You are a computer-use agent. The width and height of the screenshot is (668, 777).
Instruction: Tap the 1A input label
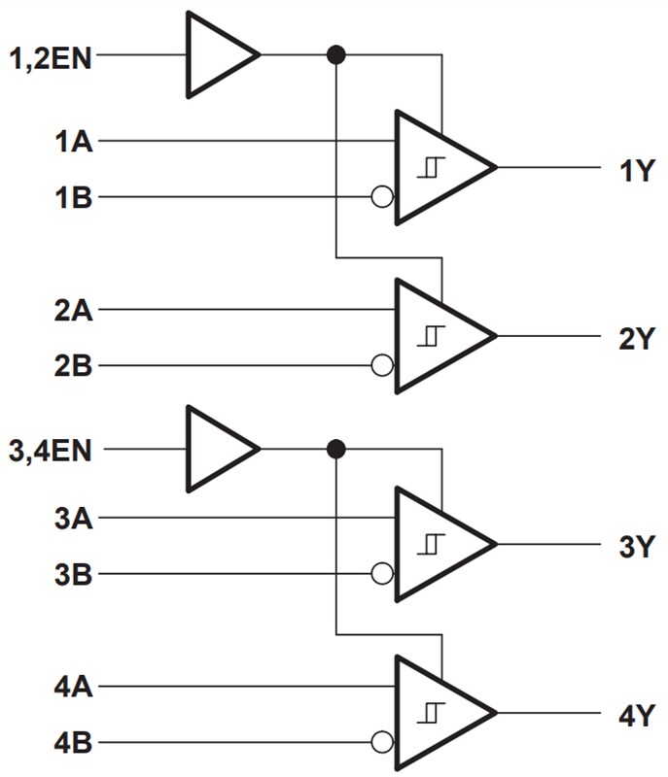pyautogui.click(x=74, y=142)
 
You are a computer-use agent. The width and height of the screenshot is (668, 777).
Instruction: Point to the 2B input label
pyautogui.click(x=74, y=367)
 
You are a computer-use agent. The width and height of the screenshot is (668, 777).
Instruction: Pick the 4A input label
pyautogui.click(x=74, y=687)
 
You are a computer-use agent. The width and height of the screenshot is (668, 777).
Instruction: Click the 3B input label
pyautogui.click(x=74, y=574)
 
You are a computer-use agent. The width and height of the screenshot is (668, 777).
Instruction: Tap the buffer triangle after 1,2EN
pyautogui.click(x=218, y=55)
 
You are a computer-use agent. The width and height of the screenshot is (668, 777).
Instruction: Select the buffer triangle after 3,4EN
pyautogui.click(x=218, y=450)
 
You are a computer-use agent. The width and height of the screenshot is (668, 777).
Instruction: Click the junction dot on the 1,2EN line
pyautogui.click(x=336, y=55)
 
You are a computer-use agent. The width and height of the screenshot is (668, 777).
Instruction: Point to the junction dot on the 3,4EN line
pyautogui.click(x=336, y=450)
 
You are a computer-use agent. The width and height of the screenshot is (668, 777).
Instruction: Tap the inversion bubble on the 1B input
pyautogui.click(x=382, y=198)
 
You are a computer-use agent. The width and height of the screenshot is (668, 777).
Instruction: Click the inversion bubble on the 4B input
pyautogui.click(x=382, y=743)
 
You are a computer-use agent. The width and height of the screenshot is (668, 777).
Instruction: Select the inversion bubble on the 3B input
pyautogui.click(x=382, y=574)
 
